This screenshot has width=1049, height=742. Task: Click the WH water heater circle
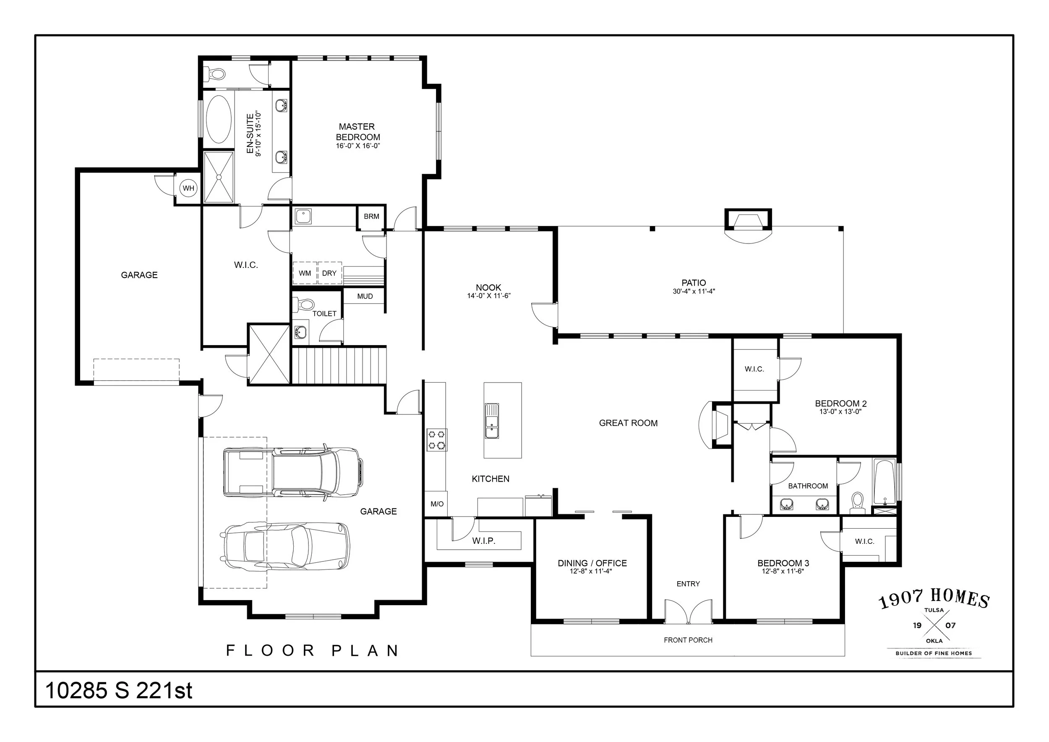tap(188, 188)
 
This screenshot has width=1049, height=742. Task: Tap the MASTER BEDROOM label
tap(358, 132)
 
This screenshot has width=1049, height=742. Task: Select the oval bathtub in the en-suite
tap(219, 119)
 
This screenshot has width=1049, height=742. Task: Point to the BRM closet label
tap(371, 216)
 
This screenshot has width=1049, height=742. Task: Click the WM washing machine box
tap(305, 273)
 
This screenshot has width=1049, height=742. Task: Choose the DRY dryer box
tap(329, 273)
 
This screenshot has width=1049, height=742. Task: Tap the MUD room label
tap(365, 296)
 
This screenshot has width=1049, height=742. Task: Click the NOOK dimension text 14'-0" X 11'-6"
tap(488, 296)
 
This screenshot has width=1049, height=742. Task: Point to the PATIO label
tap(694, 283)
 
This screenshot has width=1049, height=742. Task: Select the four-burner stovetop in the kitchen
tap(436, 440)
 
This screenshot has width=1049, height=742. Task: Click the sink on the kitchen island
tap(492, 421)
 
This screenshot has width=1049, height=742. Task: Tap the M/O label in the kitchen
tap(437, 504)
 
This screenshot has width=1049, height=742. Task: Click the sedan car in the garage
tap(285, 546)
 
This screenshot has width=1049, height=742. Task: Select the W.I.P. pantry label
tap(484, 541)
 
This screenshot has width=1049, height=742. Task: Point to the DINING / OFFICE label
tap(592, 563)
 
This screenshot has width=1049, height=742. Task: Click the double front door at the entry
tap(689, 612)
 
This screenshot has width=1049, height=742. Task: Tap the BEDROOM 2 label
tap(840, 404)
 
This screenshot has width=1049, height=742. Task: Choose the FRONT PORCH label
tap(688, 640)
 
